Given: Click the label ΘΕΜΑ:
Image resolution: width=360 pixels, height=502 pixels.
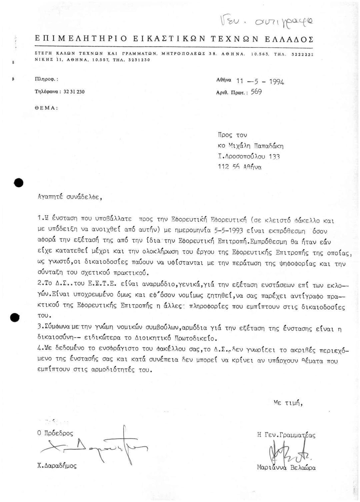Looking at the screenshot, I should tap(47, 108).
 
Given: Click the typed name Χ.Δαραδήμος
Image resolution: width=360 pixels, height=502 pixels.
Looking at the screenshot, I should tap(57, 466).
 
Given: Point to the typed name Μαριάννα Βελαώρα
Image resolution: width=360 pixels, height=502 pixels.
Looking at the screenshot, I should tap(286, 467).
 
